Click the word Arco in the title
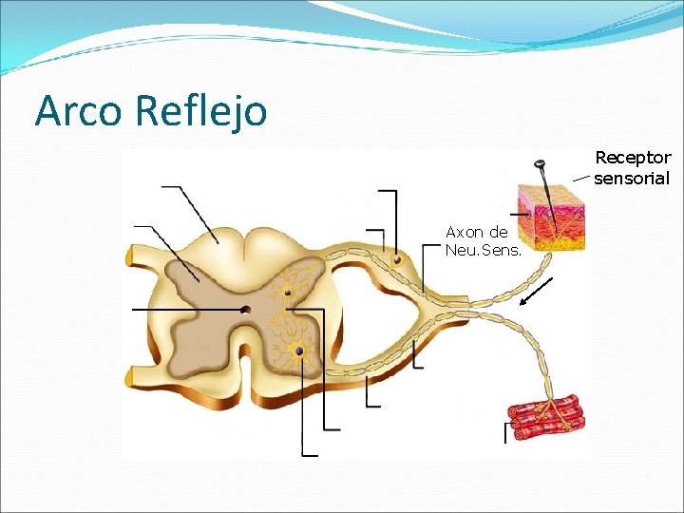pyautogui.click(x=79, y=111)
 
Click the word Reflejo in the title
pyautogui.click(x=200, y=112)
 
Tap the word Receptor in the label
pyautogui.click(x=633, y=157)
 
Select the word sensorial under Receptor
pyautogui.click(x=632, y=178)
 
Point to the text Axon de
pyautogui.click(x=477, y=232)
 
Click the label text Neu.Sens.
pyautogui.click(x=477, y=250)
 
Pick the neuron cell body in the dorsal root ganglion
pyautogui.click(x=398, y=258)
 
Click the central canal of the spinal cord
pyautogui.click(x=245, y=310)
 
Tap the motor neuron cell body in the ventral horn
pyautogui.click(x=299, y=351)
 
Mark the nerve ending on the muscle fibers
pyautogui.click(x=549, y=408)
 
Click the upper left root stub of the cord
pyautogui.click(x=132, y=256)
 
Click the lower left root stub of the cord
pyautogui.click(x=132, y=377)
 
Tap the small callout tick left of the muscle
pyautogui.click(x=506, y=432)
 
